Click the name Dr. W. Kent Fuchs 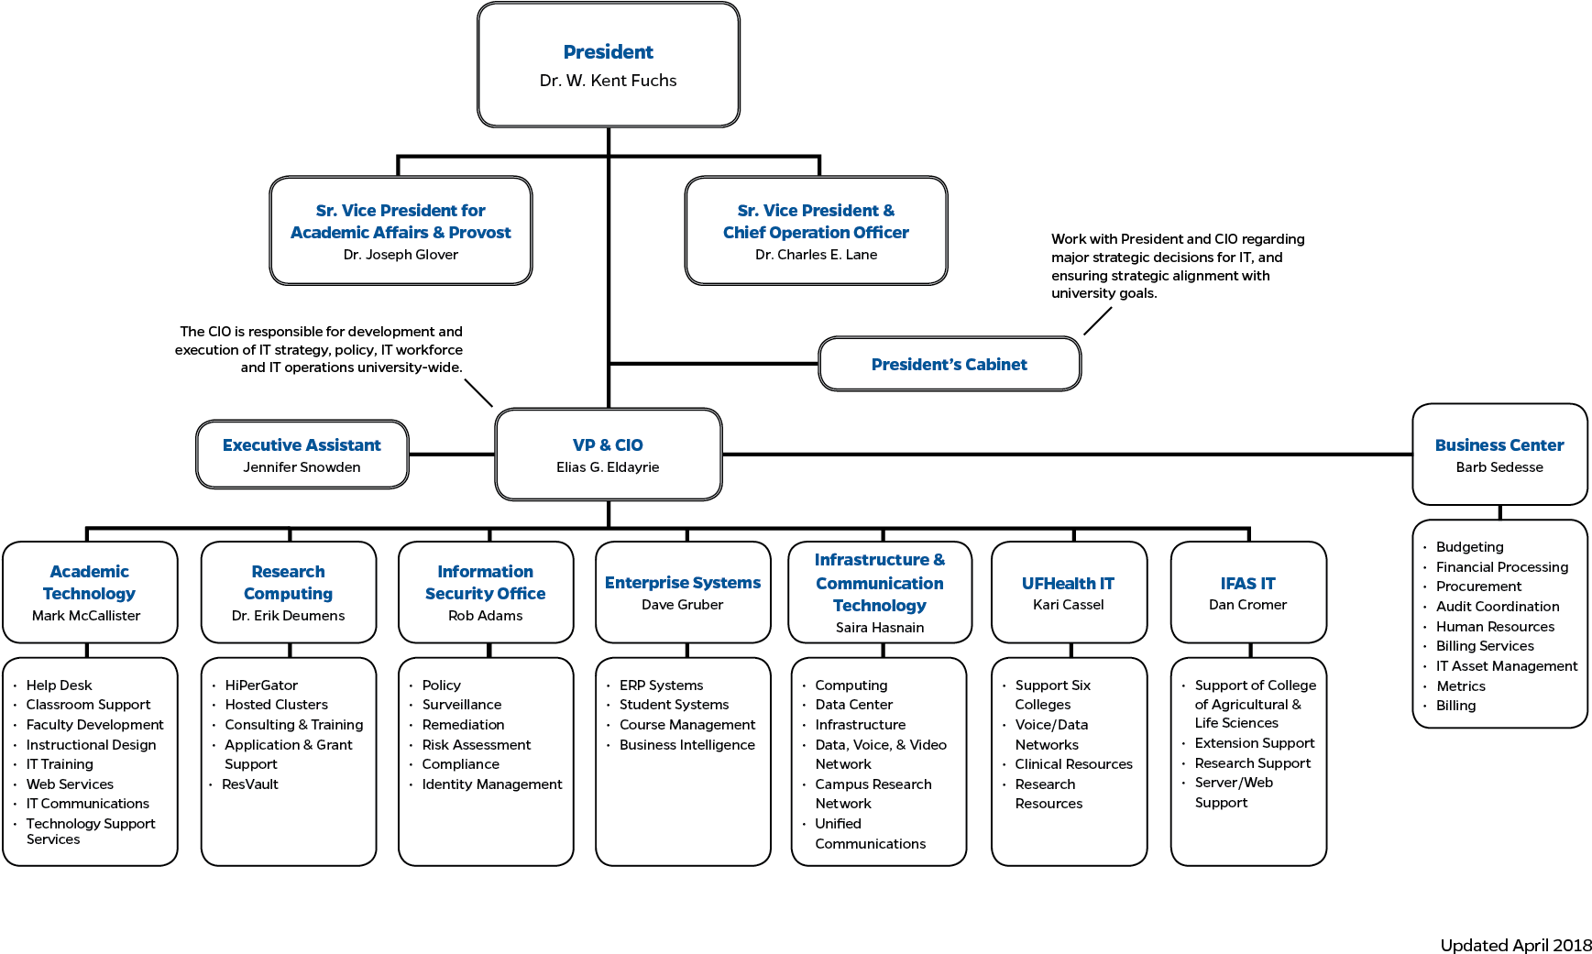(608, 81)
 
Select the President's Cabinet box (949, 365)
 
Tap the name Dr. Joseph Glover (401, 255)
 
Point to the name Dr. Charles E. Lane (816, 255)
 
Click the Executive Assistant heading (302, 445)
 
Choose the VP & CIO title (608, 445)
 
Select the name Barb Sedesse (1499, 467)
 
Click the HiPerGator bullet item (261, 685)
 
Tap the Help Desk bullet (59, 685)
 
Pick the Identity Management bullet (492, 784)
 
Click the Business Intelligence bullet (686, 745)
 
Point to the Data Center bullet (853, 705)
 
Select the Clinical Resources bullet (1073, 764)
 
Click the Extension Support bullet (1254, 743)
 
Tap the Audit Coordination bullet (1497, 607)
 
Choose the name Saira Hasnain (879, 628)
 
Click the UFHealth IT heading (1068, 584)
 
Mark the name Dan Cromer (1247, 605)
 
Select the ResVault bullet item (249, 784)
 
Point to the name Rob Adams (485, 616)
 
